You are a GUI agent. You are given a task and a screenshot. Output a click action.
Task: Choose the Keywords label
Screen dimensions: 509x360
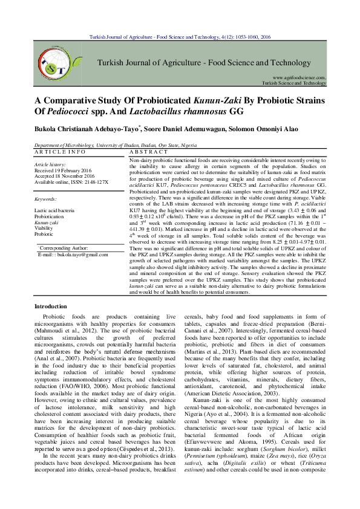pos(45,198)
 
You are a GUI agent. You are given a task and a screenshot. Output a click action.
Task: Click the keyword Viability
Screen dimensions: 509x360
pos(44,228)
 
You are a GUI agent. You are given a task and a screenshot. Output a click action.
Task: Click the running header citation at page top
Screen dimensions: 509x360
pos(180,37)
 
